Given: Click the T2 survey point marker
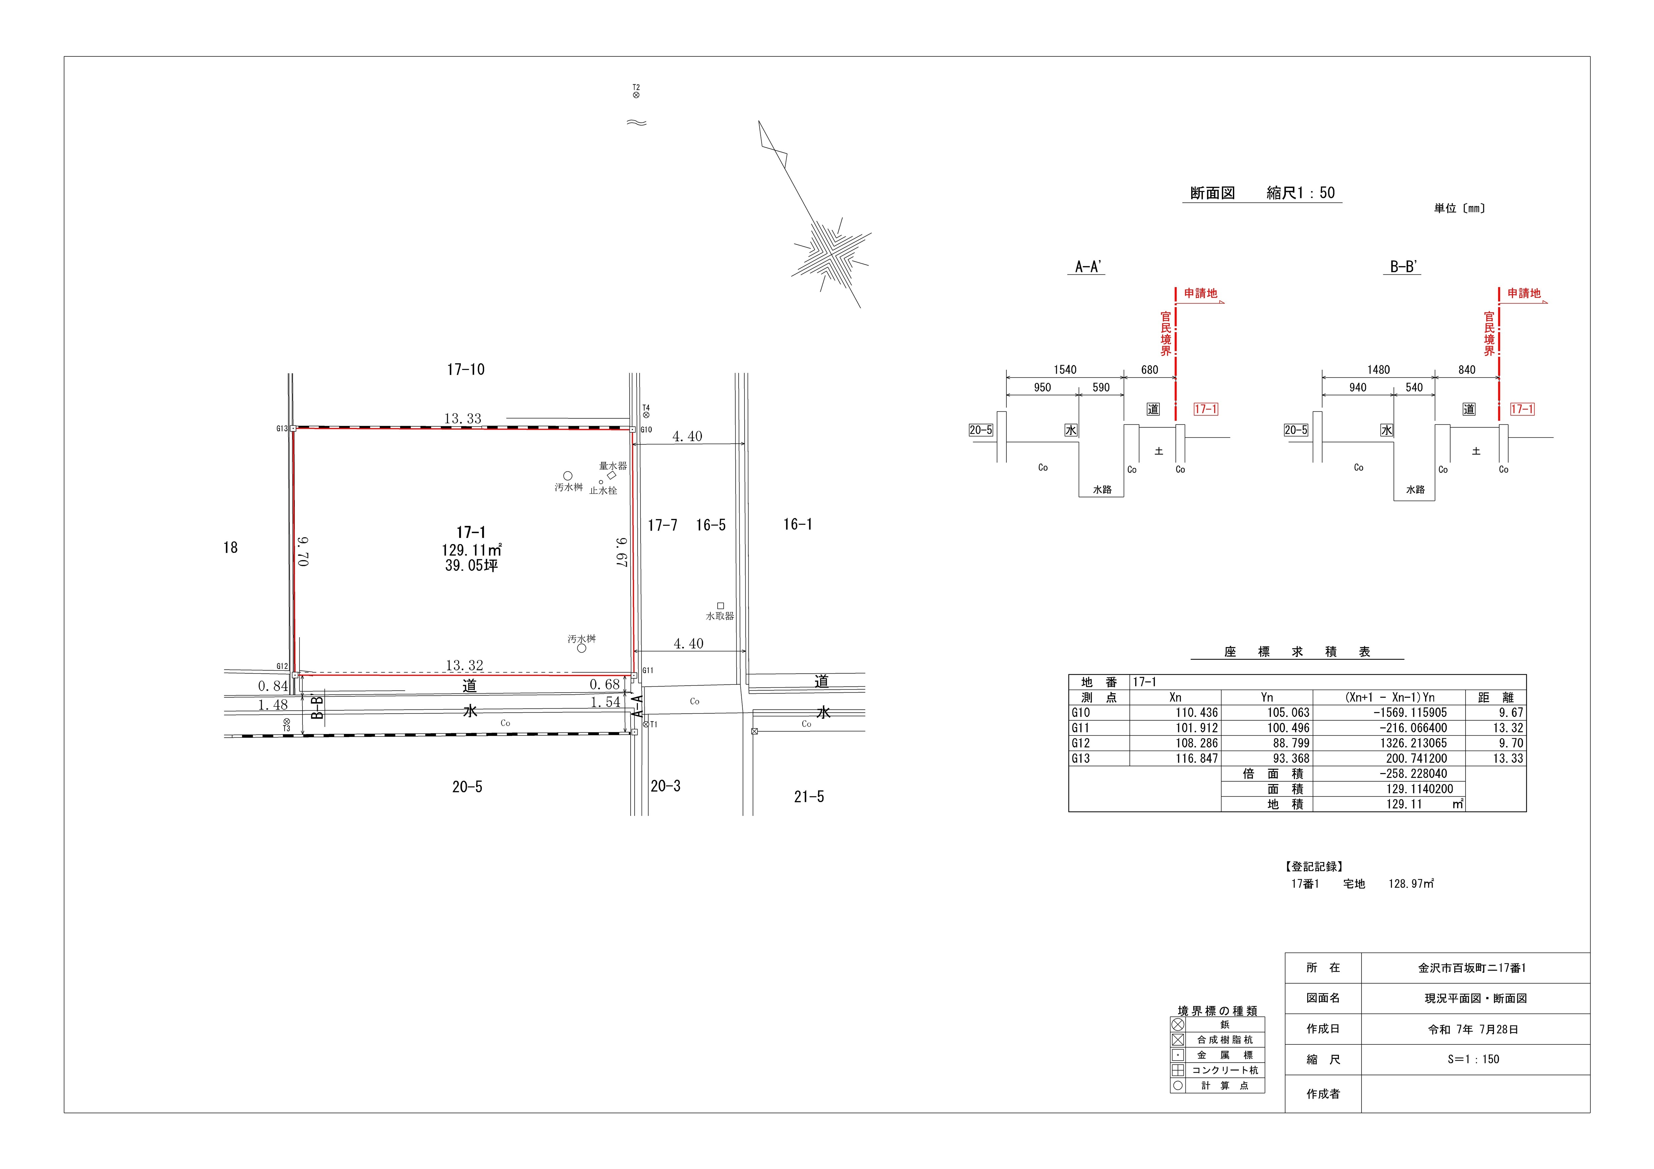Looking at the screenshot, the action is click(x=636, y=94).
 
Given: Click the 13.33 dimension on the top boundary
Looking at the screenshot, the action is click(x=463, y=418).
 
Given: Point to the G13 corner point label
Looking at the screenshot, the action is click(x=282, y=429).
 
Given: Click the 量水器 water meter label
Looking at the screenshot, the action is click(x=613, y=466).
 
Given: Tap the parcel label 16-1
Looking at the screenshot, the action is click(x=797, y=524).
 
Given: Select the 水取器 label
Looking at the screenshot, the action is click(x=720, y=616).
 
